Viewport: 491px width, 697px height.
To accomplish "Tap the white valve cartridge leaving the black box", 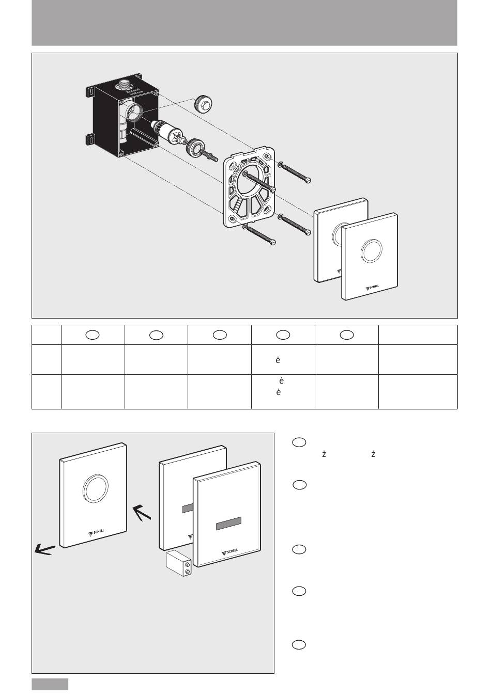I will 162,132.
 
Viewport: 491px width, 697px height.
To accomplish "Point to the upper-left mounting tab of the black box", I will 90,92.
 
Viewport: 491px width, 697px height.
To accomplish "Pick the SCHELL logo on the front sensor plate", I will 231,552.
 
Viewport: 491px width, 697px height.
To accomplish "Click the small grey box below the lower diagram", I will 50,684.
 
